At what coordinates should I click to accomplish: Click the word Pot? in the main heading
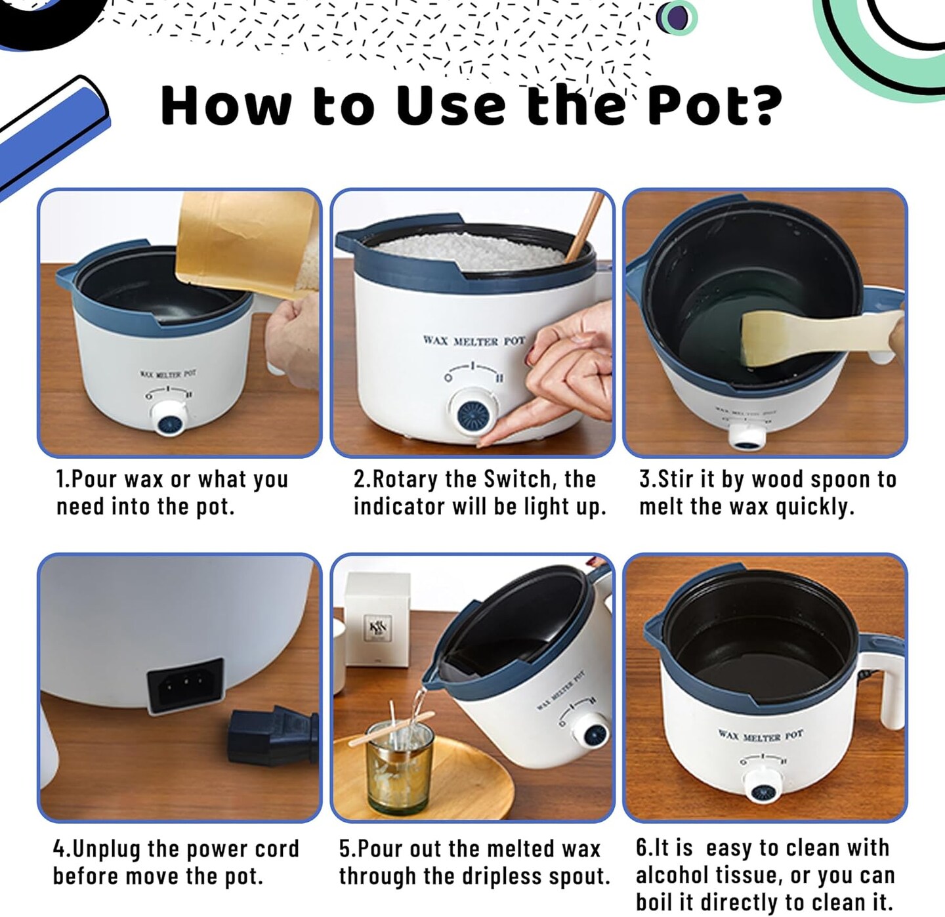tap(714, 105)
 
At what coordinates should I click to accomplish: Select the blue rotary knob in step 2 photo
tap(472, 414)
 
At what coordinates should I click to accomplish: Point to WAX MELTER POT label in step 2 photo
tap(474, 341)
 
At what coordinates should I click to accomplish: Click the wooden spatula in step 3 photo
tap(814, 335)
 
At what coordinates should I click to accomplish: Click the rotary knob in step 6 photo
tap(763, 786)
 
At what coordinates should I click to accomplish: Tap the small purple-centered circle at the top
tap(677, 18)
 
